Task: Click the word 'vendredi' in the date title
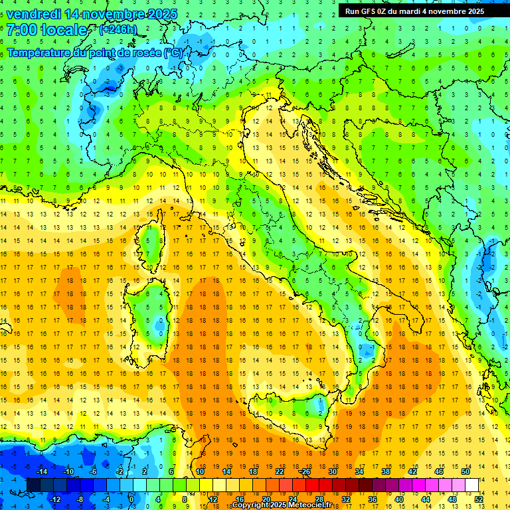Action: [35, 14]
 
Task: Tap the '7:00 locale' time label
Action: [47, 29]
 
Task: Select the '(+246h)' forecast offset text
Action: [118, 29]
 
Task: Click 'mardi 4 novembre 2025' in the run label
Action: [448, 11]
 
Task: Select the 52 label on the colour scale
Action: [479, 499]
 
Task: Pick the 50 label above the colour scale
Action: [466, 471]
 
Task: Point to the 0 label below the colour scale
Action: [131, 499]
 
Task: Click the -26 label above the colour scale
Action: [305, 471]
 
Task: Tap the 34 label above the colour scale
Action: [359, 471]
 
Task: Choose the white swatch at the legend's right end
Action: [471, 485]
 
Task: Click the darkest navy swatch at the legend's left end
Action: [33, 485]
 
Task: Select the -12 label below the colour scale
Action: [56, 499]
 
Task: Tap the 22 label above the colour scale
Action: [279, 471]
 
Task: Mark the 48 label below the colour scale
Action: [452, 499]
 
